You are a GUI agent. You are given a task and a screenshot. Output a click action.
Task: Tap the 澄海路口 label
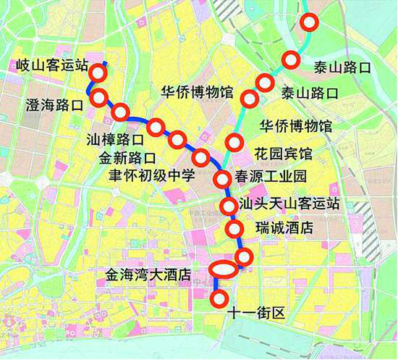(54, 104)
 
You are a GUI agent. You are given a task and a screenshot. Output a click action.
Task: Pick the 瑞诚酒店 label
(284, 228)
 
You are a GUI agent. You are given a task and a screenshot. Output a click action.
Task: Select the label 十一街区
(258, 314)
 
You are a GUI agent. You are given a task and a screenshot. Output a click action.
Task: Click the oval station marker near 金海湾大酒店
(224, 269)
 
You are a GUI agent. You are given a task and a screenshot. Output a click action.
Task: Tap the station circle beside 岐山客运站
(98, 72)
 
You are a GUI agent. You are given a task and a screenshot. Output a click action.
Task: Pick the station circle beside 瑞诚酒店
(234, 230)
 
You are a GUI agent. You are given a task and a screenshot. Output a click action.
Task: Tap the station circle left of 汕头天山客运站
(229, 205)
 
